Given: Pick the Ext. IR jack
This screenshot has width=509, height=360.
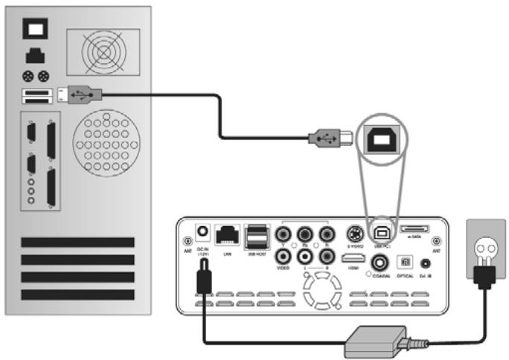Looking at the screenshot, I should (426, 262).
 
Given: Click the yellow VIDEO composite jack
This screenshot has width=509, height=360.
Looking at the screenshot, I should (284, 255).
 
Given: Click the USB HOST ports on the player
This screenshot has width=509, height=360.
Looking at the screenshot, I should (257, 237).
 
